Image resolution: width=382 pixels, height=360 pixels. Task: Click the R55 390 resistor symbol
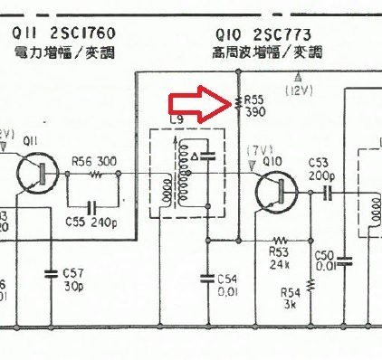click(236, 105)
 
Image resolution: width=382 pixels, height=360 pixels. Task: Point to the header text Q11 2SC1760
click(67, 34)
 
